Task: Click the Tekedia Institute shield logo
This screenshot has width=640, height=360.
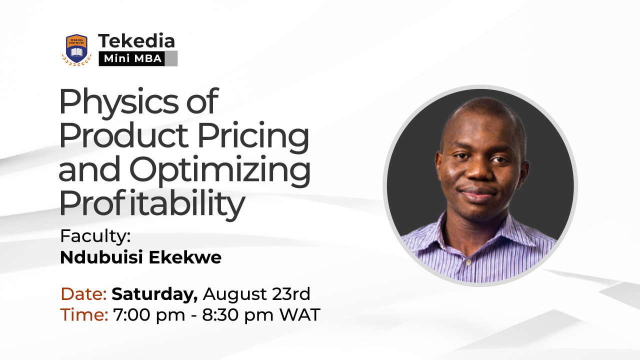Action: coord(76,49)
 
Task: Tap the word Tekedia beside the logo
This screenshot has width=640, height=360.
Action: coord(136,41)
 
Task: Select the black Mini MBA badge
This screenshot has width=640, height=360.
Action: coord(131,58)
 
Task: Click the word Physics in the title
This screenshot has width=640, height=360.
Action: coord(118,102)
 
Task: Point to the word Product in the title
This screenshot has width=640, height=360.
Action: coord(123,135)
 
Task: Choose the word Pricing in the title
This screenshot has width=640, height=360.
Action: coord(253,136)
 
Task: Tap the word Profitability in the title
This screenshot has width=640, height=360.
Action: coord(152,203)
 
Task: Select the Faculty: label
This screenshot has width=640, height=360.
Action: coord(95,236)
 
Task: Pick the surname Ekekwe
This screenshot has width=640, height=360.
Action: coord(185,257)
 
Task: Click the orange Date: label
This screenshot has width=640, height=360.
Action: coord(83,294)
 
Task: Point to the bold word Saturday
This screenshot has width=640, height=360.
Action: coord(154,294)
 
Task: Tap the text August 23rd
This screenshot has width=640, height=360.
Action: coord(256,294)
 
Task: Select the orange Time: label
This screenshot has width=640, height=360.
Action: coord(84,315)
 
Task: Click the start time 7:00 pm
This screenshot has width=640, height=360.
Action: coord(149,315)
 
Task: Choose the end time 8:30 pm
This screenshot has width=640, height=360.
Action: coord(237,315)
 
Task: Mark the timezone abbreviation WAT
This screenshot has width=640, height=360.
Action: coord(299,315)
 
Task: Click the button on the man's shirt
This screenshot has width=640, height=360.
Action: coord(468,263)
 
